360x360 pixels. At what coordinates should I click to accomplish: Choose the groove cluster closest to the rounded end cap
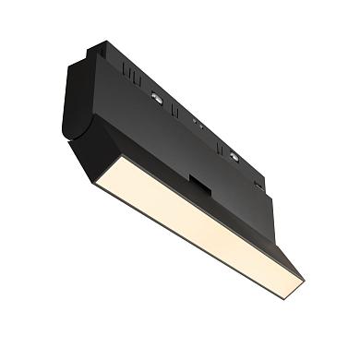[x=121, y=66]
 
